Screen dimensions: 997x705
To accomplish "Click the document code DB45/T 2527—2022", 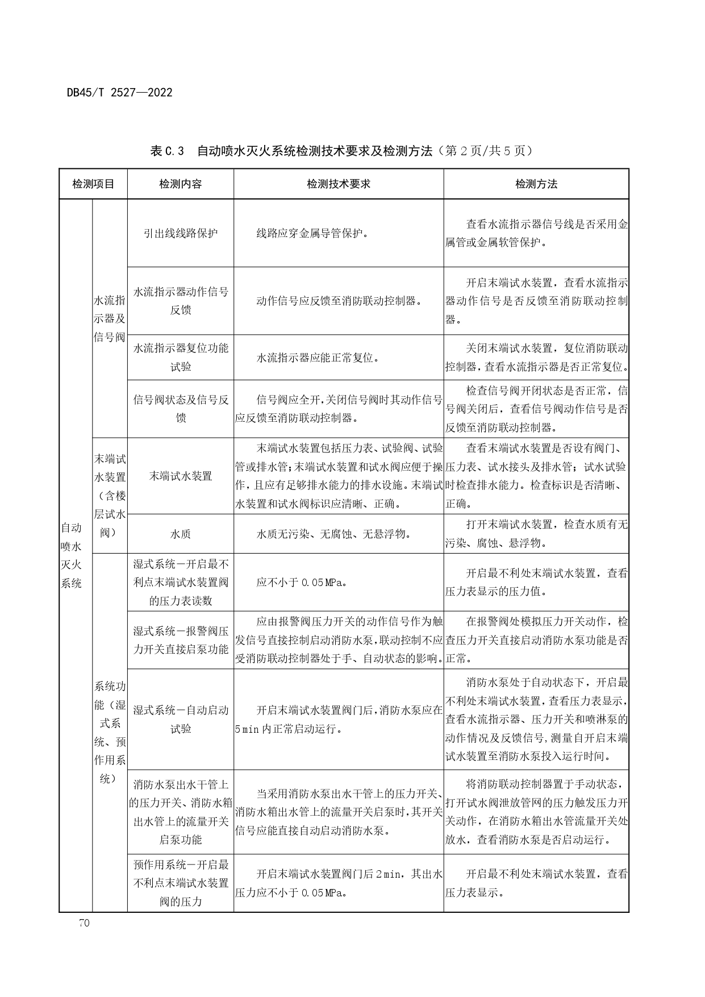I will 119,92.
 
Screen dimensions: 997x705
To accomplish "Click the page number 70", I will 84,923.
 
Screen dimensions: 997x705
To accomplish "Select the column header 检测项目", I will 93,184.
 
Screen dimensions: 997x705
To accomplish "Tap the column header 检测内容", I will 180,184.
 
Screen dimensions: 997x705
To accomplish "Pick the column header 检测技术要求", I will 338,184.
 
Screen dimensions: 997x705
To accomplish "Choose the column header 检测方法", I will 536,184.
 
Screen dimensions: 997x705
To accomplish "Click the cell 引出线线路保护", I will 180,233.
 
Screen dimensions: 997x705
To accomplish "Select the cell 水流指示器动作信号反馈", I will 180,301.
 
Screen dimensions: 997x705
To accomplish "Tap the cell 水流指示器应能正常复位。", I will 318,358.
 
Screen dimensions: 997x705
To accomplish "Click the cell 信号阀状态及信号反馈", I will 180,409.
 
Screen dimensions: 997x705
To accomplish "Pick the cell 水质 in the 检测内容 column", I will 180,534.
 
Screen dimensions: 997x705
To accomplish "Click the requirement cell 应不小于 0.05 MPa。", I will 302,582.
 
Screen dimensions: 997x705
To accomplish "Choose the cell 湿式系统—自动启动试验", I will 180,719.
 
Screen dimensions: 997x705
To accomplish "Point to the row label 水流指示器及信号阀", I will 109,318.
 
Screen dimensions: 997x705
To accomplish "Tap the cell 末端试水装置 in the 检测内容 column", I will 180,476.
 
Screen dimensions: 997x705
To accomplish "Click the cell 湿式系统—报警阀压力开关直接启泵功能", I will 180,640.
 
